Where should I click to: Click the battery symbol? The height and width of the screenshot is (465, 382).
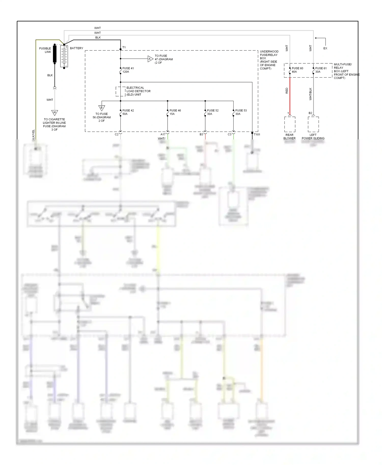64,56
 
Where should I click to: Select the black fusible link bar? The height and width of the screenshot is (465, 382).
54,54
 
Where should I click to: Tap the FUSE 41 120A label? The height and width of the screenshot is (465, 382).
128,70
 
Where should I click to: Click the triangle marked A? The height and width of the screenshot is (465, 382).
150,59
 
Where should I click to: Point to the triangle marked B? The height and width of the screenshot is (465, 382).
102,108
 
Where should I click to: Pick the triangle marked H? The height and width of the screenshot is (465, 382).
54,112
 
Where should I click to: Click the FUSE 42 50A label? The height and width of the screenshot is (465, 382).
128,112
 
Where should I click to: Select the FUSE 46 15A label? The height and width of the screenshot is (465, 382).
175,112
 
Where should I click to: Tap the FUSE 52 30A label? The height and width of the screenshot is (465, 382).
213,112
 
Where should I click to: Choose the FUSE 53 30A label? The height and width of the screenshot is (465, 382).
241,112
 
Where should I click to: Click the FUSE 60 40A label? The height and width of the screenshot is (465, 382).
297,70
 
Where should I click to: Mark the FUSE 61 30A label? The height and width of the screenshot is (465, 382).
321,70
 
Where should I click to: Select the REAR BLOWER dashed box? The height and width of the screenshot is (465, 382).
290,124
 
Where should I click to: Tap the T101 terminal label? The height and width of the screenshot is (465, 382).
257,135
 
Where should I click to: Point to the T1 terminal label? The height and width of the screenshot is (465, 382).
124,47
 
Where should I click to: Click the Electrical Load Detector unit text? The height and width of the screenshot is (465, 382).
138,91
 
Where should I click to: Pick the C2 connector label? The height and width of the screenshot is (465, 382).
116,134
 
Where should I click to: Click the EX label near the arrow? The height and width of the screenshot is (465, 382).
325,48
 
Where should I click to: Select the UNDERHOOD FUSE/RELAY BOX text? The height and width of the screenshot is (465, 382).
269,60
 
